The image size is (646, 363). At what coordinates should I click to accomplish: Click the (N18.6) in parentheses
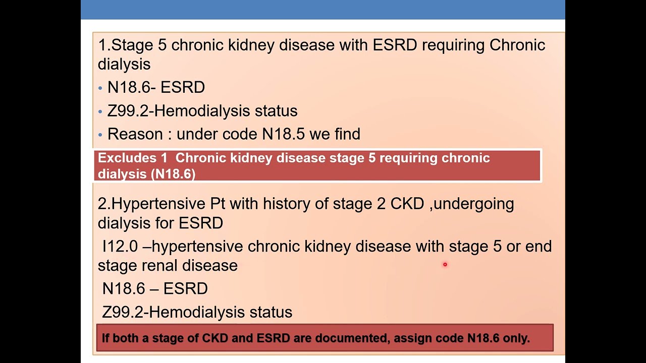pyautogui.click(x=173, y=174)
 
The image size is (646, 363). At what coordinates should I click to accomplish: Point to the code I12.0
pyautogui.click(x=120, y=246)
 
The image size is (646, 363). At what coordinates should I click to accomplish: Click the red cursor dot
pyautogui.click(x=445, y=264)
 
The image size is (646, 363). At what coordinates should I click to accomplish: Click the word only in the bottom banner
pyautogui.click(x=516, y=338)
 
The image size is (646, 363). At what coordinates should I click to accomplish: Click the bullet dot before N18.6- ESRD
pyautogui.click(x=100, y=88)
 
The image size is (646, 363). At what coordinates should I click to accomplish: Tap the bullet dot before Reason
pyautogui.click(x=100, y=135)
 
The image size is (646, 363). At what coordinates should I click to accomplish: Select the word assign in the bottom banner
pyautogui.click(x=410, y=338)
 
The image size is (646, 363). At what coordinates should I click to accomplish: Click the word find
pyautogui.click(x=347, y=134)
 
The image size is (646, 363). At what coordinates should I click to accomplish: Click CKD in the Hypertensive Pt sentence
pyautogui.click(x=407, y=204)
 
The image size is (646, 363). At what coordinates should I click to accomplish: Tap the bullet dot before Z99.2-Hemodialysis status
pyautogui.click(x=100, y=111)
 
